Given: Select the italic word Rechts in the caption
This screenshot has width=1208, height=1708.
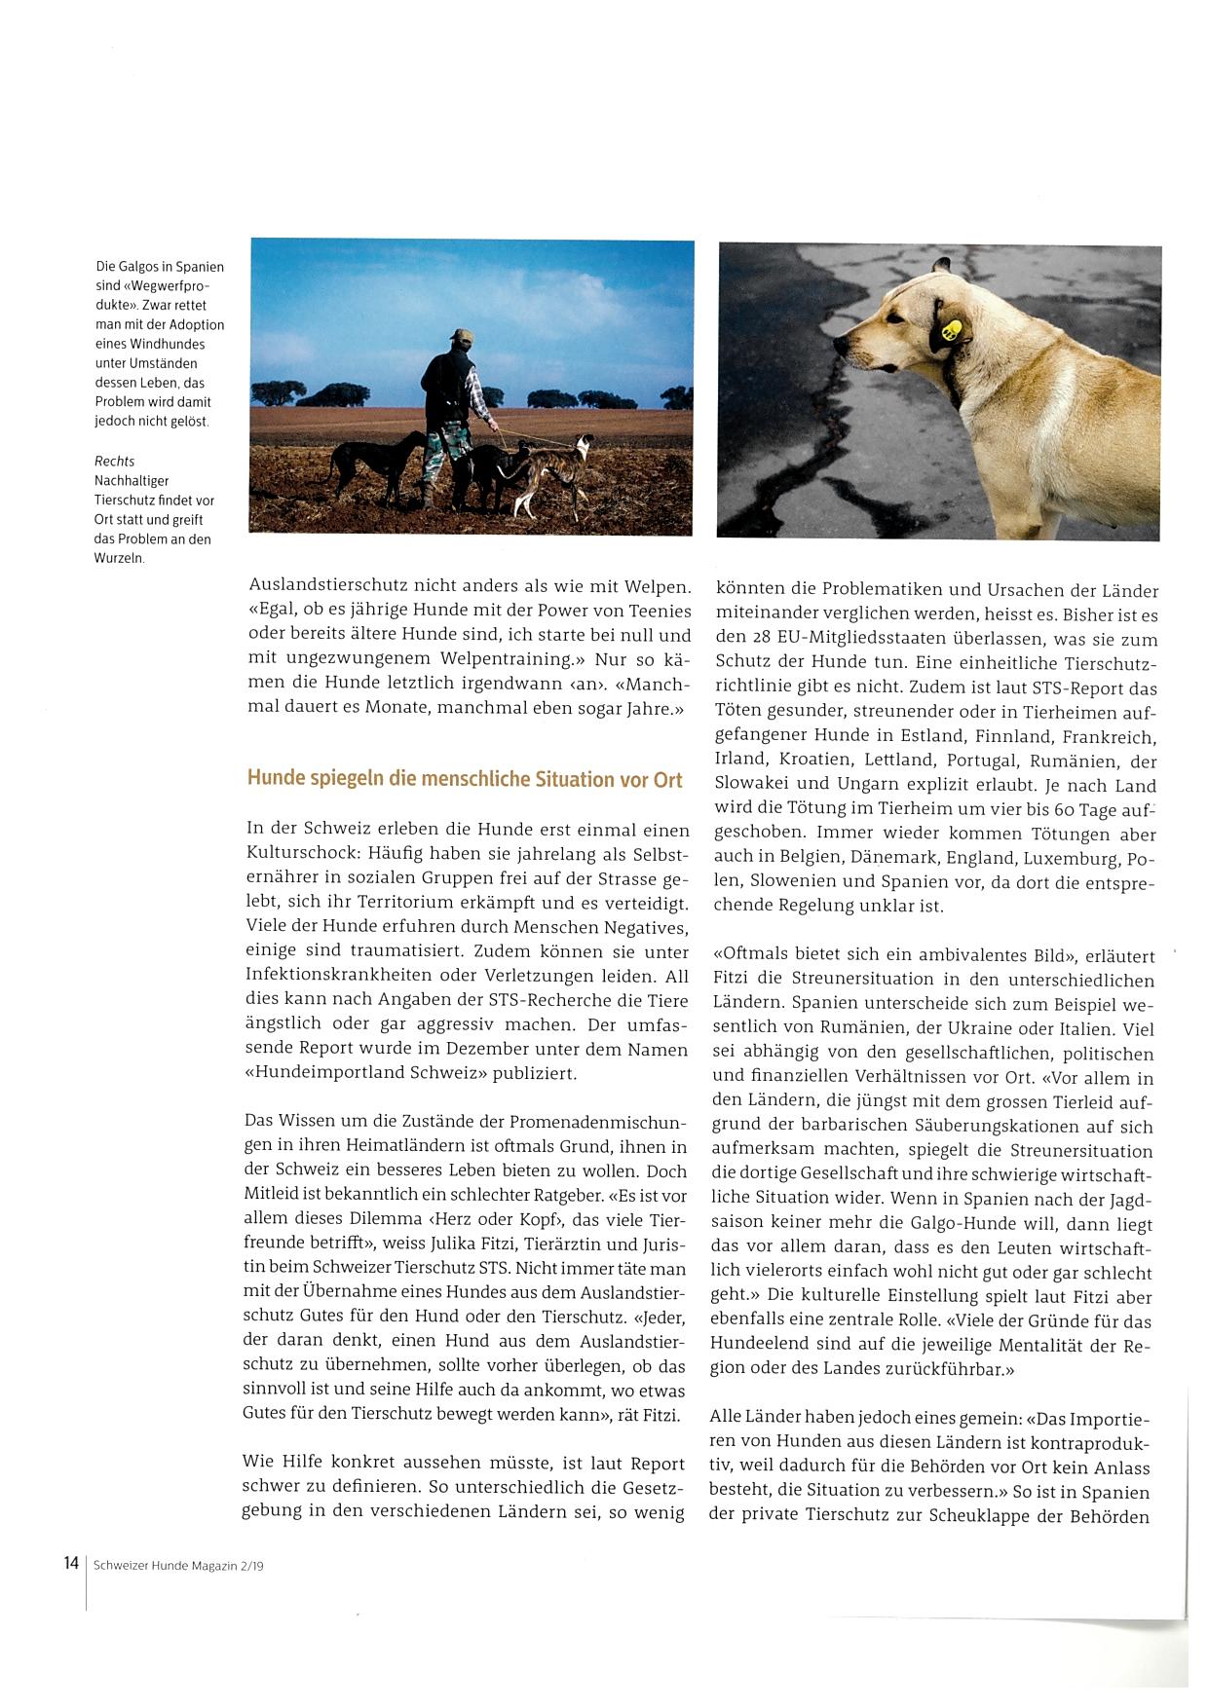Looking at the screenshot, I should coord(114,461).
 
